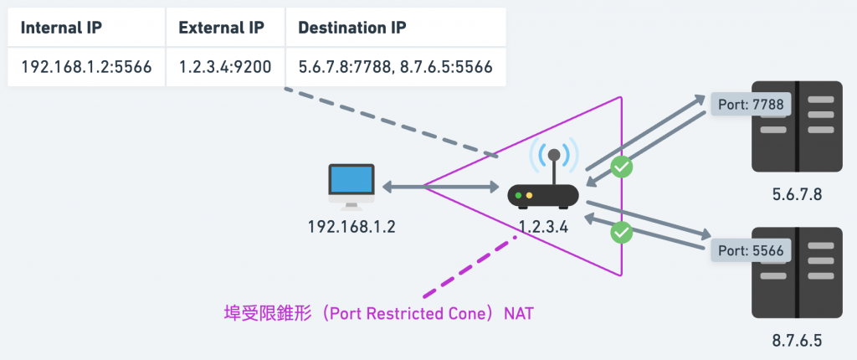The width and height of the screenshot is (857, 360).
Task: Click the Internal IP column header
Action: coord(61,28)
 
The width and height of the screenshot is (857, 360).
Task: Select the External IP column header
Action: coord(221,28)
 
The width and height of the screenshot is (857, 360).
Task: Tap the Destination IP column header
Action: coord(352,28)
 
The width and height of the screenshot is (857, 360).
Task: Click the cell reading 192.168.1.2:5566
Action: coord(86,67)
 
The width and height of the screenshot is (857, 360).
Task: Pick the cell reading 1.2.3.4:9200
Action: coord(224,67)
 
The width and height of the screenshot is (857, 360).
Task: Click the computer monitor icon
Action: coord(352,187)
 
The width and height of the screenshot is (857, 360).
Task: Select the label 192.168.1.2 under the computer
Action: coord(352,226)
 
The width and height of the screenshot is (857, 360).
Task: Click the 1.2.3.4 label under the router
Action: coord(542,226)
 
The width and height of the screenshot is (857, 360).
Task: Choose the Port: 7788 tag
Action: coord(751,105)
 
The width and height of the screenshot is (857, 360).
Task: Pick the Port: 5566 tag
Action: coord(751,251)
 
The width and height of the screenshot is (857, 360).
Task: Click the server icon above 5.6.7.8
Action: coord(797,126)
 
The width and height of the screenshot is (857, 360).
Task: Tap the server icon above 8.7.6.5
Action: coord(797,272)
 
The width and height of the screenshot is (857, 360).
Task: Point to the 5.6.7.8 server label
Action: coord(797,194)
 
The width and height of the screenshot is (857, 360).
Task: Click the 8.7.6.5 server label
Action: coord(797,341)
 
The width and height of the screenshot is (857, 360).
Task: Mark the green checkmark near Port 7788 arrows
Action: coord(622,167)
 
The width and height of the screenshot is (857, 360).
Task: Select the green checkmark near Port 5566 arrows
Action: coord(622,232)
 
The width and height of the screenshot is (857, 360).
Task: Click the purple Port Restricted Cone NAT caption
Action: coord(379,314)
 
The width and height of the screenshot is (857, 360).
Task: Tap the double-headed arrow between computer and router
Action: coord(440,187)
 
